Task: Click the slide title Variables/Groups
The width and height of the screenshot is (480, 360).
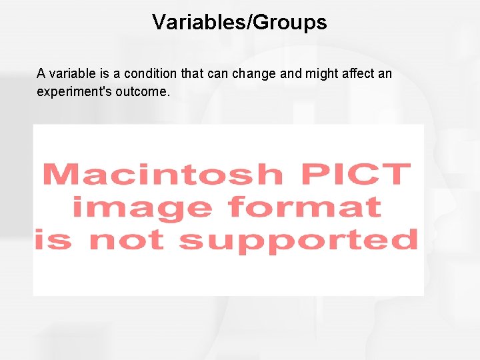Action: click(239, 22)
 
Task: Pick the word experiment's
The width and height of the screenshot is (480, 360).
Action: click(74, 91)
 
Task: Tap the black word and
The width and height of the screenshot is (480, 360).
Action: click(291, 73)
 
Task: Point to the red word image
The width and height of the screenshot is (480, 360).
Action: click(143, 207)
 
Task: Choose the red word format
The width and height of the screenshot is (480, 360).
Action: click(304, 207)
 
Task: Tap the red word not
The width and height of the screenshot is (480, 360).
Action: click(127, 239)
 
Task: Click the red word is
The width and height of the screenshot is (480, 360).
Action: click(53, 239)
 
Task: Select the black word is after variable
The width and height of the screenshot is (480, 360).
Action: click(97, 73)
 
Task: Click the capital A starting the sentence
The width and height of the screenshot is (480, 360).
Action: click(41, 73)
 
